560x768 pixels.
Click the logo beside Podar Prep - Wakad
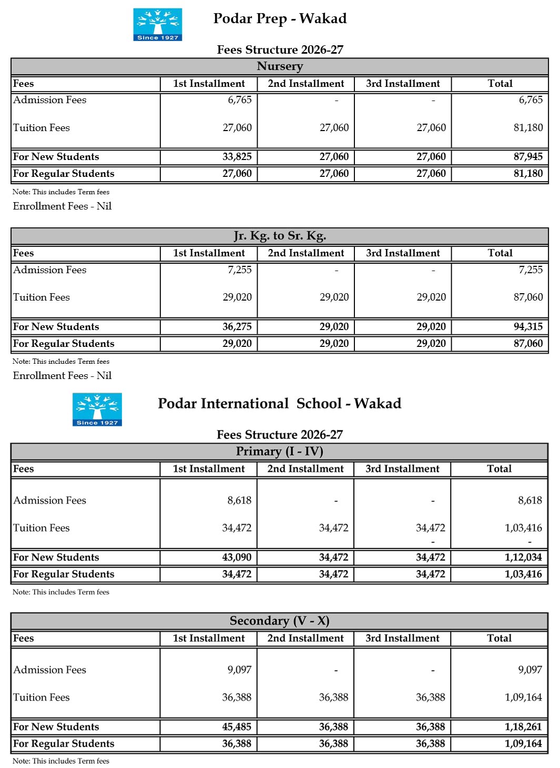(157, 24)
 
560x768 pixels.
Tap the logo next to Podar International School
(97, 409)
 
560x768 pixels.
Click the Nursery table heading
(280, 66)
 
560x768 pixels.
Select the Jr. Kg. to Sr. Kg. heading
(280, 236)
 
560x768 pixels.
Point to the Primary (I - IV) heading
(279, 452)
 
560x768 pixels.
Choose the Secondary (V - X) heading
(279, 621)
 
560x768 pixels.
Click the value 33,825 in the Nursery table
(237, 157)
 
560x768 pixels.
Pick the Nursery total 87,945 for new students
(528, 157)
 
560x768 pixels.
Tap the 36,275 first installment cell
(237, 326)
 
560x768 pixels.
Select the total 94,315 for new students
(528, 326)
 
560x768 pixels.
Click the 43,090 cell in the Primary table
(237, 557)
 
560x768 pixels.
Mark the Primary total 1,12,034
(523, 557)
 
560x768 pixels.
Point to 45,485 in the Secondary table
(237, 727)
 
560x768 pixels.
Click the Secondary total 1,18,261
(523, 727)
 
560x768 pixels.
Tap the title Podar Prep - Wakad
(280, 19)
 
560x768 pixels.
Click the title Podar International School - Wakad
(279, 404)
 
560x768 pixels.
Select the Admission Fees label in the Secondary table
(50, 670)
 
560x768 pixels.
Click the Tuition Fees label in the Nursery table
(42, 128)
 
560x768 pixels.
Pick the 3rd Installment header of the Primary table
(402, 469)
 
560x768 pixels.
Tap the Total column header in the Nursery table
(500, 84)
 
